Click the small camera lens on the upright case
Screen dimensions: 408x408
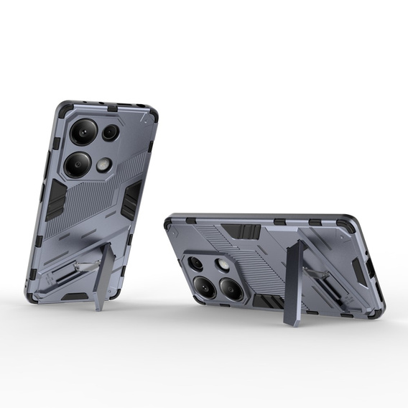[x=110, y=132]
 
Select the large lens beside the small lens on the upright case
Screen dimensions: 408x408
[x=83, y=130]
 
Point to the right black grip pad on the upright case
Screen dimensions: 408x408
[x=131, y=200]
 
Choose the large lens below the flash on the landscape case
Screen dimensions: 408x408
[x=230, y=289]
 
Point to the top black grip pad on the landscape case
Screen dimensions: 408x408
[x=241, y=231]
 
